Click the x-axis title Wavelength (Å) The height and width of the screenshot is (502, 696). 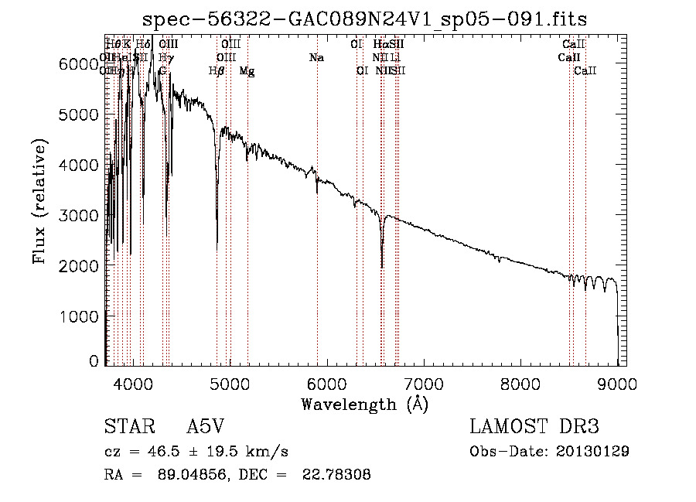[364, 404]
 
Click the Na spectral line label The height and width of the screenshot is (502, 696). [316, 58]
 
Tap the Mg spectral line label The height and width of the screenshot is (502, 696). [247, 71]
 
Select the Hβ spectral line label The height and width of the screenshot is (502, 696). [217, 71]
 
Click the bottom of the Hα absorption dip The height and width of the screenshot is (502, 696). [382, 267]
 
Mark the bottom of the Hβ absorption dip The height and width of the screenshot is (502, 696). [217, 246]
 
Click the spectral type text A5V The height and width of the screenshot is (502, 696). [206, 428]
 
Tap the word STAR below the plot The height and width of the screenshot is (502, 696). [126, 428]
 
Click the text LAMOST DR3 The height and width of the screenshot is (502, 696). [534, 428]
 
